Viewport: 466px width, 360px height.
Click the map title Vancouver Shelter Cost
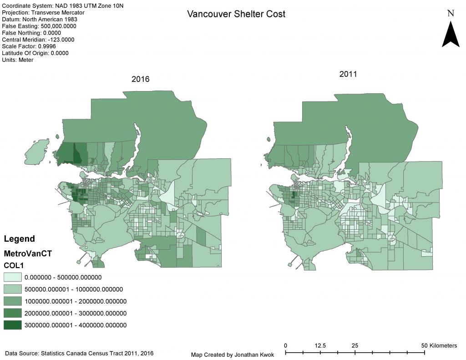click(x=236, y=14)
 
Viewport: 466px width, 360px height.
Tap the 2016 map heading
click(x=141, y=79)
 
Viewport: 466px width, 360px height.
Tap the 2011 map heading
click(x=348, y=74)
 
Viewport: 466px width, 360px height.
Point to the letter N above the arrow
click(x=451, y=13)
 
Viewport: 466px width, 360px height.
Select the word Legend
click(x=19, y=239)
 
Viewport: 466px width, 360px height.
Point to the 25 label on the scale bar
click(x=355, y=345)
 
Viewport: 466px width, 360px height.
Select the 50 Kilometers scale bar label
click(x=439, y=345)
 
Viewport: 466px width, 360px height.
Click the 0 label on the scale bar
click(x=285, y=345)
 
